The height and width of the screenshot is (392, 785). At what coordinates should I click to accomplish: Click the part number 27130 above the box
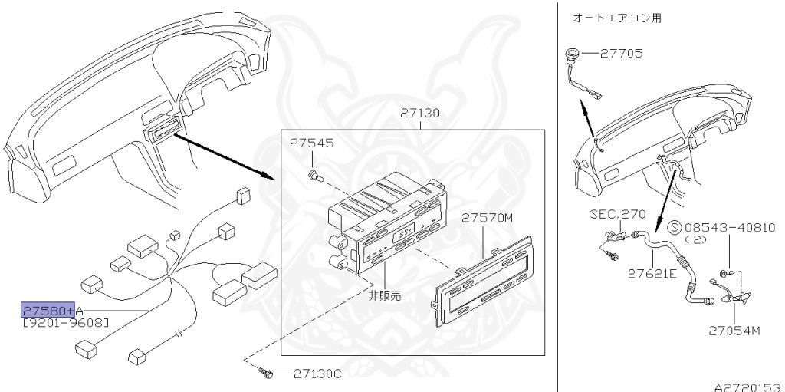click(x=419, y=113)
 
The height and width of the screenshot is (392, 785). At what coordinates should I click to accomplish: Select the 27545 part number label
click(x=312, y=143)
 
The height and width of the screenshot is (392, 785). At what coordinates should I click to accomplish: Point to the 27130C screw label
click(x=316, y=374)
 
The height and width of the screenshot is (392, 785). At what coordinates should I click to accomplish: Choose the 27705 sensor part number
click(x=622, y=54)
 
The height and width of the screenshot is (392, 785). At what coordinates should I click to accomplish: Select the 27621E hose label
click(x=652, y=272)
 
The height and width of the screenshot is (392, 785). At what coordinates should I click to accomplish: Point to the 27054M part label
click(x=734, y=331)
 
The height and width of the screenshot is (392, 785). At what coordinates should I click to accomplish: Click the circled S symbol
click(x=675, y=228)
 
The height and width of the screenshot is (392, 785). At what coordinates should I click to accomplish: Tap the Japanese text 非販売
click(x=384, y=295)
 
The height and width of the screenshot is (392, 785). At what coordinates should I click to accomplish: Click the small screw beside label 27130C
click(x=267, y=374)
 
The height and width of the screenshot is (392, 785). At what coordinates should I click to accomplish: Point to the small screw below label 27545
click(x=314, y=176)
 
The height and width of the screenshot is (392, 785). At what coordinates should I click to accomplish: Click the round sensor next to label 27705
click(x=570, y=54)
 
